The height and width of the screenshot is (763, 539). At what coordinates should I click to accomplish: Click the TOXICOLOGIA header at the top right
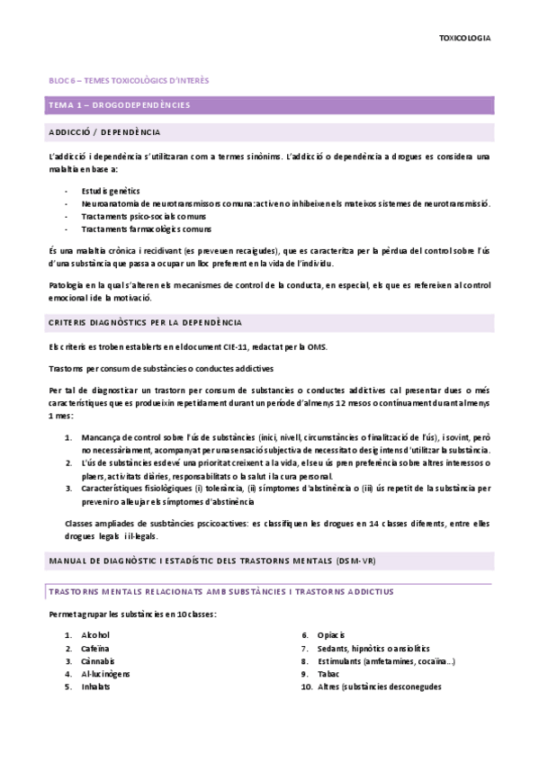click(x=464, y=39)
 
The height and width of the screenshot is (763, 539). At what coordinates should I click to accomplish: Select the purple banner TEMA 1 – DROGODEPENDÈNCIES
click(x=119, y=105)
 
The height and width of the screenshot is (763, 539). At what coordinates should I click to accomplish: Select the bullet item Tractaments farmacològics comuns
click(x=146, y=229)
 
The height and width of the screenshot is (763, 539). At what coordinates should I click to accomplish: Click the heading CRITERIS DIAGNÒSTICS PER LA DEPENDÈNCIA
click(x=145, y=322)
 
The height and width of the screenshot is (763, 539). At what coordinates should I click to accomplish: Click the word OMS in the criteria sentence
click(x=319, y=348)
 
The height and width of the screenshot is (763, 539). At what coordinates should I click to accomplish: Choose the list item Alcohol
click(x=95, y=635)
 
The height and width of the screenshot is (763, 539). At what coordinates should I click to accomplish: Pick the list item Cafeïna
click(x=95, y=648)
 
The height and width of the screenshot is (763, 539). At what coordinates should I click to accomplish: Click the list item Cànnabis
click(x=98, y=660)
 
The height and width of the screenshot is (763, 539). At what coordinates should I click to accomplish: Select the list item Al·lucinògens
click(x=106, y=673)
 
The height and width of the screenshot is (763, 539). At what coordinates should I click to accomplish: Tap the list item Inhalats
click(x=95, y=687)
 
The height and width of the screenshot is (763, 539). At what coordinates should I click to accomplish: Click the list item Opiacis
click(x=331, y=635)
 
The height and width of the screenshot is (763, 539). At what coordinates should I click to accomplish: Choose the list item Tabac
click(x=328, y=673)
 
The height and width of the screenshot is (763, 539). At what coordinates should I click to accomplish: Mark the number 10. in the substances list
click(x=306, y=687)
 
